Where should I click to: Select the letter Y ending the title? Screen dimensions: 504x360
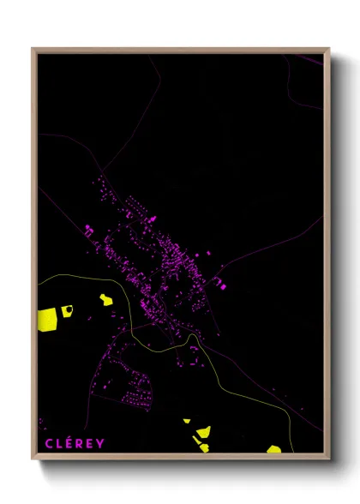click(x=101, y=443)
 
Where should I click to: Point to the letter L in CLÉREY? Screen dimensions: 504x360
click(x=55, y=443)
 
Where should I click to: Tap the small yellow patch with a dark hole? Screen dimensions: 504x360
click(x=67, y=310)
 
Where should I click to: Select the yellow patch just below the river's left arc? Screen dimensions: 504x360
click(x=105, y=299)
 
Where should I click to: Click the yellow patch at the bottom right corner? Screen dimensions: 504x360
click(x=273, y=449)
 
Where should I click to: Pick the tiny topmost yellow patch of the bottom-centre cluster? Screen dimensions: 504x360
click(x=186, y=421)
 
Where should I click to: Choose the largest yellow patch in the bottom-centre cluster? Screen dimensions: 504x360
click(x=203, y=432)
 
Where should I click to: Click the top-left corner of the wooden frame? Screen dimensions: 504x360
click(x=33, y=49)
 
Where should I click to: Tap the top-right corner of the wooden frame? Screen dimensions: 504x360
click(x=329, y=49)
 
